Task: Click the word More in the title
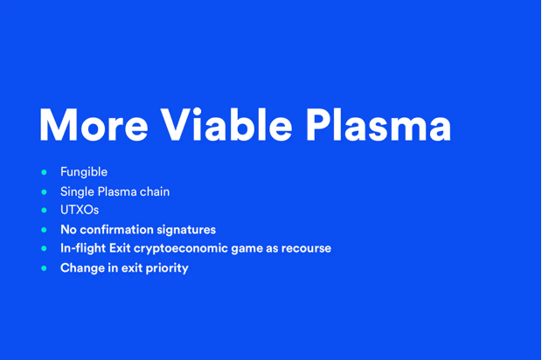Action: pyautogui.click(x=94, y=124)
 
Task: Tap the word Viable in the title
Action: pyautogui.click(x=226, y=124)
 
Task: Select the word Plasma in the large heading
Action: pyautogui.click(x=379, y=124)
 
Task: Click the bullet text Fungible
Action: pyautogui.click(x=84, y=172)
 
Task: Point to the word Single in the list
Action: pyautogui.click(x=77, y=192)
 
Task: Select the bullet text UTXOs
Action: pyautogui.click(x=80, y=210)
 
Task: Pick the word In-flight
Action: pyautogui.click(x=83, y=248)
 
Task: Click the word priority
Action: pyautogui.click(x=167, y=268)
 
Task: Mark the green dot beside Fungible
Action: pyautogui.click(x=44, y=172)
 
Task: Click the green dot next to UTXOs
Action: pyautogui.click(x=44, y=210)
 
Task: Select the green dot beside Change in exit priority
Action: pyautogui.click(x=44, y=268)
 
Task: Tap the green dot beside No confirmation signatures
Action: pyautogui.click(x=44, y=230)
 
